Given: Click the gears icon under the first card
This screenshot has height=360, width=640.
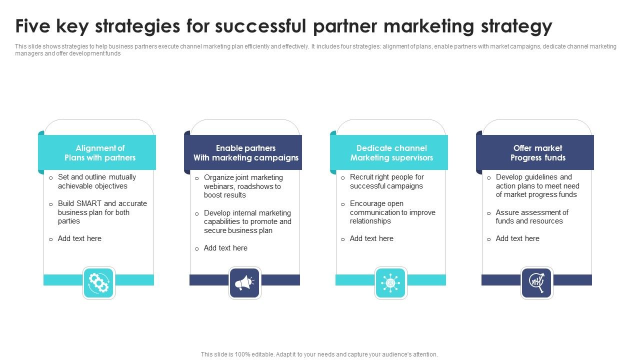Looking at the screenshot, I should click(x=98, y=283).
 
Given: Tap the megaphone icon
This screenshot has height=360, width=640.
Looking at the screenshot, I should click(x=244, y=283).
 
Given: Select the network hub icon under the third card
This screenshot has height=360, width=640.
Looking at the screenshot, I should click(x=390, y=283).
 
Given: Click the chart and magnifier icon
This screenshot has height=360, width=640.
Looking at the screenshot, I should click(x=536, y=283).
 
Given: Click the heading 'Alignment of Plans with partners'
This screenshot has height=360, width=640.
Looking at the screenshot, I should click(x=100, y=153).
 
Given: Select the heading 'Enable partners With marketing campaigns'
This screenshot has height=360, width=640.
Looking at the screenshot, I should click(x=246, y=153).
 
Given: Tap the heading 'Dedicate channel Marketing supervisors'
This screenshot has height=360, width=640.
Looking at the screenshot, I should click(x=391, y=153).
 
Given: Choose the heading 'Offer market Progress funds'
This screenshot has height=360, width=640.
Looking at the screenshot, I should click(x=537, y=153).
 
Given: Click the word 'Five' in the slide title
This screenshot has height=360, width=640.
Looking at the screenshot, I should click(x=34, y=26).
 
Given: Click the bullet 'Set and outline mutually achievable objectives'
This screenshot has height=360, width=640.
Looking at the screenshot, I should click(x=97, y=181).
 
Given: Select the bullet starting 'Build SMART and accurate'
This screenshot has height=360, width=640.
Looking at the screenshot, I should click(x=102, y=212).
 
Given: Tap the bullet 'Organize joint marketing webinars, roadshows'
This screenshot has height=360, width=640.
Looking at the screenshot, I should click(x=243, y=186).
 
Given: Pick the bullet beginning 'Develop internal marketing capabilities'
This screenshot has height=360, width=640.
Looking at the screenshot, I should click(x=247, y=221).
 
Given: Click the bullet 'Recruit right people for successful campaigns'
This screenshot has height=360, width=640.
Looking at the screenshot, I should click(x=386, y=181).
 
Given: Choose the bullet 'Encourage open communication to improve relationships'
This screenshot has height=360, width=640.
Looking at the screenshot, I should click(x=392, y=212).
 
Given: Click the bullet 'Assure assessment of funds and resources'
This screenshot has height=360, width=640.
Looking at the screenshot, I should click(x=532, y=216).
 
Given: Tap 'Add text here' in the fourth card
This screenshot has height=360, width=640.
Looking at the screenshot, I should click(x=517, y=238).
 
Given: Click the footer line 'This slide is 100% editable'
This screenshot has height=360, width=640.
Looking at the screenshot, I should click(x=319, y=354).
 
